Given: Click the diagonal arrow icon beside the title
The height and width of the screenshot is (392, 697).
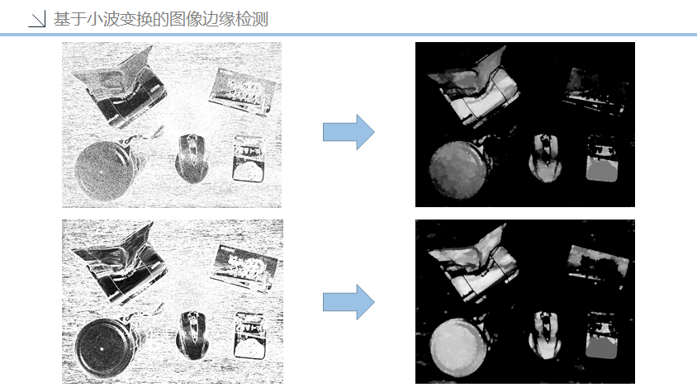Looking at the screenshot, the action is tap(37, 19).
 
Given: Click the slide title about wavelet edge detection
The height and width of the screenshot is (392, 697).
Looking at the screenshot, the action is tap(161, 19).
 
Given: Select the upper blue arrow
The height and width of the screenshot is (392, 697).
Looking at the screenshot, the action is tap(348, 132).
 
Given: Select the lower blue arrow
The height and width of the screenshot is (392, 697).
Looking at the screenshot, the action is tap(348, 302).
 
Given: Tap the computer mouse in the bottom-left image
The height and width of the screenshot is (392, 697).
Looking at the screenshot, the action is tap(193, 335).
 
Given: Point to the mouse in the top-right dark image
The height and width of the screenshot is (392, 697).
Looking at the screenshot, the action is tap(545, 158).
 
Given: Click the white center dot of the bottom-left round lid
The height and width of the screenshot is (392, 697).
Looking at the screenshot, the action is tap(102, 349).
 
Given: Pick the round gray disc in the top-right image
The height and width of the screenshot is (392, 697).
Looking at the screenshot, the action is tap(458, 169).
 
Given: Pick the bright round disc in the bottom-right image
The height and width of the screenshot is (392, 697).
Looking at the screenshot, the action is tap(458, 347).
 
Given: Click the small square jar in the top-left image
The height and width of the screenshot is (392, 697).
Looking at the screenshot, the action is tap(249, 158).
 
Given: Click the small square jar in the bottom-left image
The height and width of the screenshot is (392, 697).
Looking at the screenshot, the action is tap(250, 335).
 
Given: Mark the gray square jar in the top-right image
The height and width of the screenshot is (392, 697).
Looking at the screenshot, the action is tap(602, 160).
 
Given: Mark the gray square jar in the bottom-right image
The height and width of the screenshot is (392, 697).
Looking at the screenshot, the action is tap(602, 336).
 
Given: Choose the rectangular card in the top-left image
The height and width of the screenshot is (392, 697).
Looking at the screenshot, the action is tap(242, 91).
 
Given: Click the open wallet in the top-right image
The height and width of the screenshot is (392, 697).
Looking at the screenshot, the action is tap(474, 87).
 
